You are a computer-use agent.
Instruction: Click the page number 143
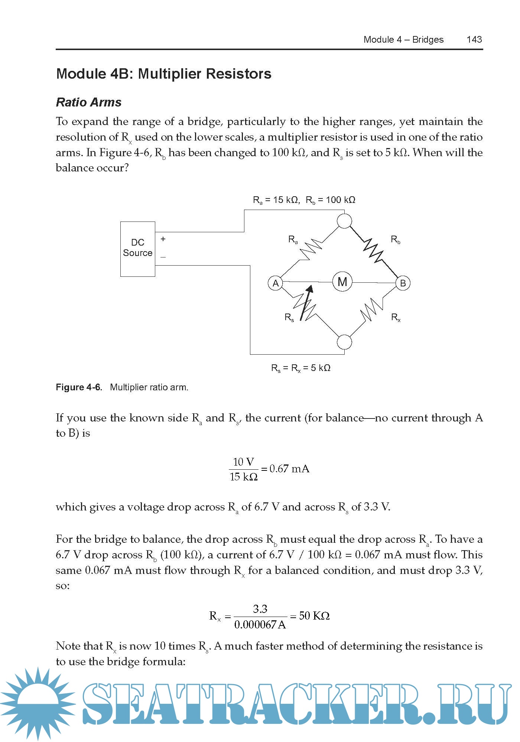click(x=474, y=40)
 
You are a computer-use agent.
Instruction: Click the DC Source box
click(x=137, y=249)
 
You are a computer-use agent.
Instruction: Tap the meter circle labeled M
click(x=342, y=282)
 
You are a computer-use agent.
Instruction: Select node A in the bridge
click(x=276, y=283)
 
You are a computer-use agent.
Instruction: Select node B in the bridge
click(x=403, y=283)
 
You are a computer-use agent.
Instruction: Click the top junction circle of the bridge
click(x=344, y=221)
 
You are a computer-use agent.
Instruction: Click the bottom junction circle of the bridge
click(x=344, y=342)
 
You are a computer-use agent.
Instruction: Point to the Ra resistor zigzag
click(x=311, y=249)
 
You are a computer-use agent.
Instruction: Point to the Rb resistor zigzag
click(x=373, y=249)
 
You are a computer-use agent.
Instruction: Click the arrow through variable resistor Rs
click(x=306, y=302)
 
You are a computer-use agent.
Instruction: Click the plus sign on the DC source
click(x=163, y=239)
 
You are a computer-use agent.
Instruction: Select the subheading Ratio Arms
click(x=89, y=102)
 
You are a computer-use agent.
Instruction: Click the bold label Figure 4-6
click(x=79, y=387)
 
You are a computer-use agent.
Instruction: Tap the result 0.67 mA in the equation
click(x=289, y=469)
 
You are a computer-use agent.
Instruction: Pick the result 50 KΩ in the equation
click(x=314, y=616)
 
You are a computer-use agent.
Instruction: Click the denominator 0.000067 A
click(x=260, y=625)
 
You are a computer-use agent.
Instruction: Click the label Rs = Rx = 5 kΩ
click(x=300, y=368)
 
